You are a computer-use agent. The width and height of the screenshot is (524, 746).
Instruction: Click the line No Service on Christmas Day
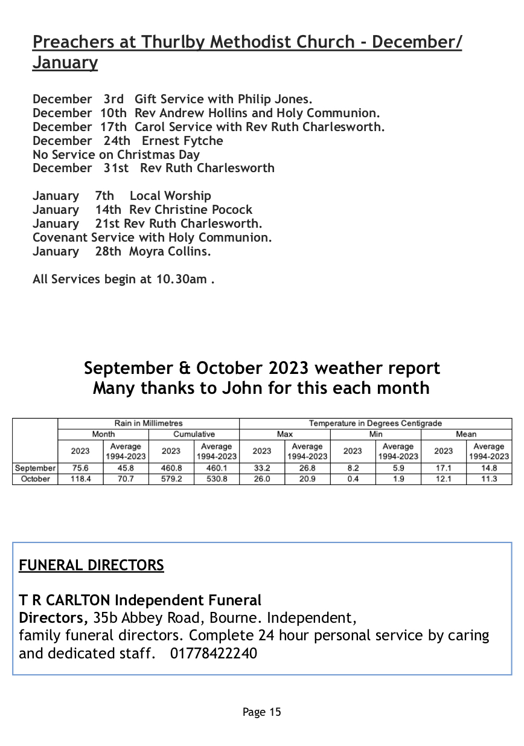pos(116,155)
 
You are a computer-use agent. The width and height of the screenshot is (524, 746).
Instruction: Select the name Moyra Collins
pos(170,251)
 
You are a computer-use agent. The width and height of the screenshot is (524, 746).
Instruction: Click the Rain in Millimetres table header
pos(149,423)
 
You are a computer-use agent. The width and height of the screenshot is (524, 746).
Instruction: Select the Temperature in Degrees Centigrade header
pos(375,423)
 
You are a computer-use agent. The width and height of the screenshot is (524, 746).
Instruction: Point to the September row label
pos(35,468)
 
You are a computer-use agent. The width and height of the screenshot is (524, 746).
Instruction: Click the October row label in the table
pos(35,478)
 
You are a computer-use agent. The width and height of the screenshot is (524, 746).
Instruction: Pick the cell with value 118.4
pos(80,478)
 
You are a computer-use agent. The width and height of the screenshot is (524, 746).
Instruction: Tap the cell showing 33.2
pos(262,468)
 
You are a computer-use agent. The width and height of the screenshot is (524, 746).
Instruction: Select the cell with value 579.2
pos(171,478)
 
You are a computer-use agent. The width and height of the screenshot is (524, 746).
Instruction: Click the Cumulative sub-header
pos(194,434)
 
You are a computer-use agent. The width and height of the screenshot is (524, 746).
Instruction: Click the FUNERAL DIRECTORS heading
pos(91,565)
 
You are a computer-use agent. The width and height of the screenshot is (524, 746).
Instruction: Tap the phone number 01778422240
pos(214,653)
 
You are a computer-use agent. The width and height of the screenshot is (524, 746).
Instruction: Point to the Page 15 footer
pos(262,712)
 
